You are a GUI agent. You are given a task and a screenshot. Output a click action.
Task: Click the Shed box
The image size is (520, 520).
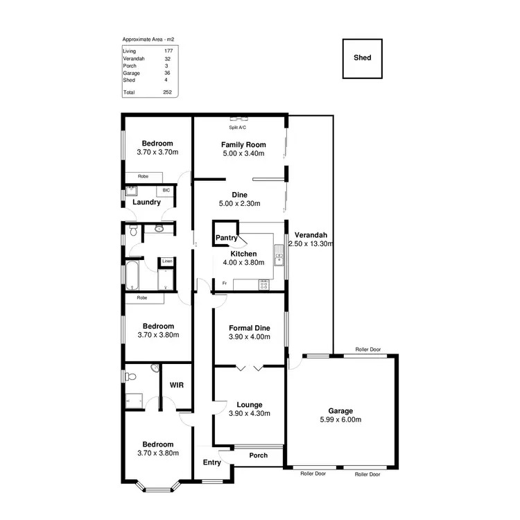coord(363,58)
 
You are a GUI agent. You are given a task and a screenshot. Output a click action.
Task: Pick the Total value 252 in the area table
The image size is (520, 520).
coord(166,92)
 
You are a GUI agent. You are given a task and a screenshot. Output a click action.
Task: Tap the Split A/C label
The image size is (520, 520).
coord(239,128)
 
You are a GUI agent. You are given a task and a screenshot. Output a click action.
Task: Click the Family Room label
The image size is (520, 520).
coord(243,144)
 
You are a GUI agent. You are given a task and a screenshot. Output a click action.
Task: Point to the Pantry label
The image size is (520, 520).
coord(227,239)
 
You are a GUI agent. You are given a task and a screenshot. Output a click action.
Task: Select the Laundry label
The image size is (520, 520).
coord(147,202)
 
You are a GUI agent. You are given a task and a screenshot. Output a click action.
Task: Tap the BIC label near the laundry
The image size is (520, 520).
coord(166,190)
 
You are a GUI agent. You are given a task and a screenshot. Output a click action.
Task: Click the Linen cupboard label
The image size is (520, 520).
coord(166,261)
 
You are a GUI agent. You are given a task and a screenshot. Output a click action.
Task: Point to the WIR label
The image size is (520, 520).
coord(176,385)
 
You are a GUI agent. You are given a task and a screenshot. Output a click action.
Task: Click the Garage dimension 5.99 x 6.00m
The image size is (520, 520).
coord(340,419)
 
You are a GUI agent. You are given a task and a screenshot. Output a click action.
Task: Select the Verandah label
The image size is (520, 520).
coord(310,234)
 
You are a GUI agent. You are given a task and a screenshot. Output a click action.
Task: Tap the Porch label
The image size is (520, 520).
coord(258,456)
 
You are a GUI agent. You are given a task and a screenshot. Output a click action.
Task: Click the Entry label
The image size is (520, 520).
coord(211,462)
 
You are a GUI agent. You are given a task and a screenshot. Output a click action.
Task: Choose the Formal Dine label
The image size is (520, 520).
coord(249,328)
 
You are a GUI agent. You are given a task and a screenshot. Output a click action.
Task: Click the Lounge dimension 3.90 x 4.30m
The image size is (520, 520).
coord(249,413)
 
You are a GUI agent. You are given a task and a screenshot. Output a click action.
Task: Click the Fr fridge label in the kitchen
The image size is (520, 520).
coord(224,283)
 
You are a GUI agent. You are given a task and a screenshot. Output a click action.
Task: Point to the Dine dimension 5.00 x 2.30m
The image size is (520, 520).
coord(239,205)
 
